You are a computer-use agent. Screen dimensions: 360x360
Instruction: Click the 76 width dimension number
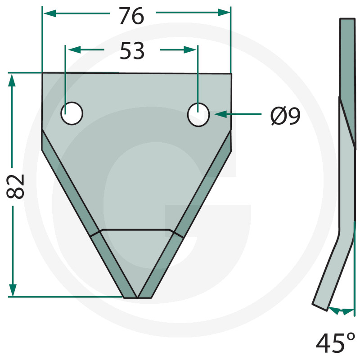[131, 16]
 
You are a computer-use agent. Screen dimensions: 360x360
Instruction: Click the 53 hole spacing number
[132, 50]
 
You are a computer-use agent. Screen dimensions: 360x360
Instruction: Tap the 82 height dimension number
[15, 186]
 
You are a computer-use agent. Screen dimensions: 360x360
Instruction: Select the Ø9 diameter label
[285, 116]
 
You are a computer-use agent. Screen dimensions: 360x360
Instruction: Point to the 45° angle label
[335, 343]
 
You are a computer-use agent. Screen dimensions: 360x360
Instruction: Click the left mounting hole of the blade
[72, 113]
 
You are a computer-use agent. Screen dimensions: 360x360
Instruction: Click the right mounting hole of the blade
[198, 115]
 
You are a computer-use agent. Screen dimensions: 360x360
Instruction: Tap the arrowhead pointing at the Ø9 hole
[220, 114]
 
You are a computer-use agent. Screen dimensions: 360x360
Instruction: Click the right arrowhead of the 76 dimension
[224, 13]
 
